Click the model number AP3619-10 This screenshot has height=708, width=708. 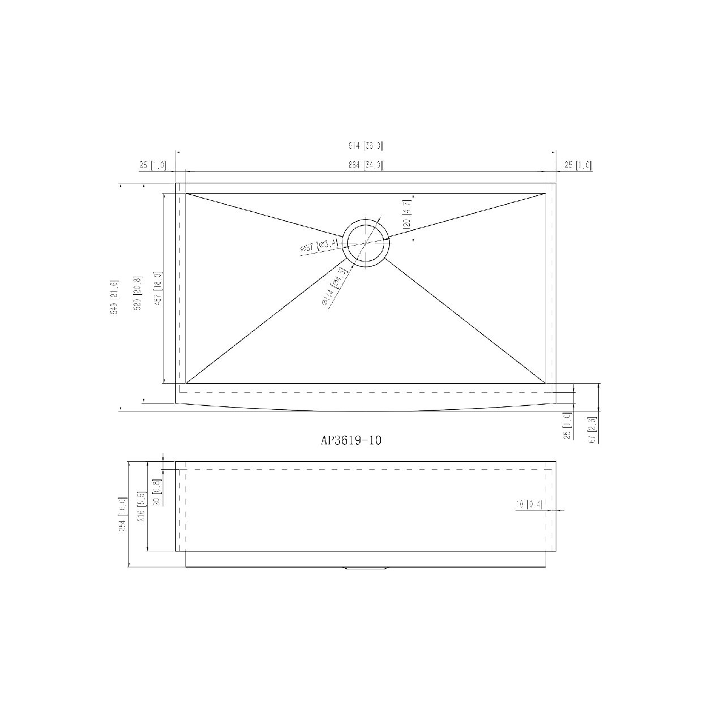click(x=351, y=441)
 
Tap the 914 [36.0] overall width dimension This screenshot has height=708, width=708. click(x=366, y=146)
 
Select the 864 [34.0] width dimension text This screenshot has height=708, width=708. click(x=366, y=165)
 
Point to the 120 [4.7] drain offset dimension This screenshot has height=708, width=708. click(x=407, y=212)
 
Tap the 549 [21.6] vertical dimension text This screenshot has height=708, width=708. click(x=114, y=297)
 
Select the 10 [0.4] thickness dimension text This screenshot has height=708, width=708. click(x=529, y=504)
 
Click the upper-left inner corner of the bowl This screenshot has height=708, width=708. click(x=186, y=194)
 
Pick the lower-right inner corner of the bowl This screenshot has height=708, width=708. click(x=546, y=383)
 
